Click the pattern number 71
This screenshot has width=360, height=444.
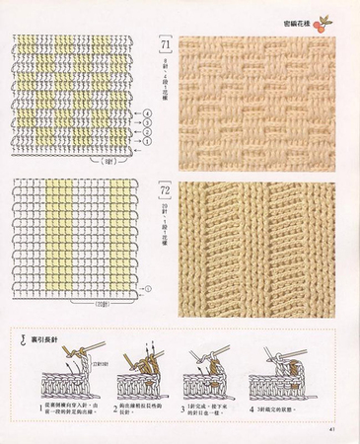pyautogui.click(x=164, y=46)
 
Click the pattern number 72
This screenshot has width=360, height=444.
pyautogui.click(x=164, y=185)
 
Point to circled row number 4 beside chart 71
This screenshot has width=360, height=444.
pyautogui.click(x=148, y=113)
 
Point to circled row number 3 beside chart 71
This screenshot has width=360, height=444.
pyautogui.click(x=148, y=122)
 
